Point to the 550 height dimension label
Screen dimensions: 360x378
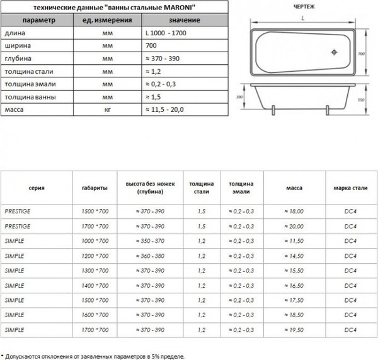click(361, 99)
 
